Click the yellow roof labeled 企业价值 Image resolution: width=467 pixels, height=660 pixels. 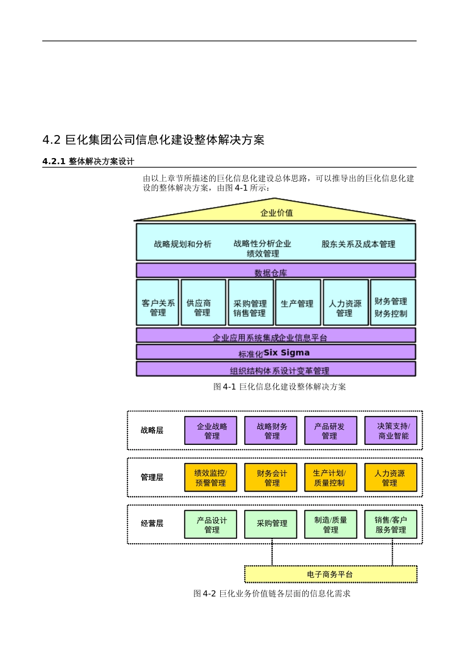(x=276, y=212)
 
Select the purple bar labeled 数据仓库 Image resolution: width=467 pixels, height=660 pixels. (x=276, y=271)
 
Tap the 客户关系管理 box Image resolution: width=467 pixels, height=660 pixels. (x=158, y=303)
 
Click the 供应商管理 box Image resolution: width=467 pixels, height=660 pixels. (x=203, y=303)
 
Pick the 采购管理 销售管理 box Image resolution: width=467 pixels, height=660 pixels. (x=250, y=303)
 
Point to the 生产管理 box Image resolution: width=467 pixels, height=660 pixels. (x=297, y=303)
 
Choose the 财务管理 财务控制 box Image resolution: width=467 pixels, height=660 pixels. (x=392, y=303)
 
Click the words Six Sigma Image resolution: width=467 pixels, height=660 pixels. (x=287, y=353)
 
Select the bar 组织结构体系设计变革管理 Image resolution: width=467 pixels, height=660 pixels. (x=276, y=369)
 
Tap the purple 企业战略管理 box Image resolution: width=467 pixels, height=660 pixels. (x=211, y=431)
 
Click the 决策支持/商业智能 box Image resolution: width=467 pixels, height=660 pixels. (x=390, y=431)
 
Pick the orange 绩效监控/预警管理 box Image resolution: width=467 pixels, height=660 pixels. (x=211, y=477)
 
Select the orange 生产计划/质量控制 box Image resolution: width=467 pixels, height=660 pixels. (x=330, y=477)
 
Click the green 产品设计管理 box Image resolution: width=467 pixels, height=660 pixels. (x=211, y=524)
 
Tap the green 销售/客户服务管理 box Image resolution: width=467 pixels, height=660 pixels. (x=390, y=524)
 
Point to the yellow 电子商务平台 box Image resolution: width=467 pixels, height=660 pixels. (x=330, y=574)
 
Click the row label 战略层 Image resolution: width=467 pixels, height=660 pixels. (x=152, y=431)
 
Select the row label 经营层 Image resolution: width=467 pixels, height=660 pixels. (x=152, y=523)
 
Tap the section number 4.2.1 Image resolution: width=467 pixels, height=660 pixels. (x=54, y=162)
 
